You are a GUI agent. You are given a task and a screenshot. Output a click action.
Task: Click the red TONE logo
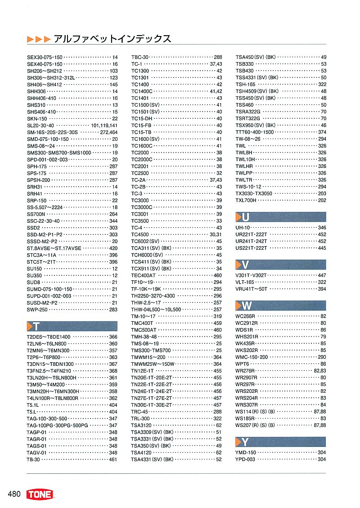[40, 495]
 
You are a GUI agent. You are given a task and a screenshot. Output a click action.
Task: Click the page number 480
[14, 495]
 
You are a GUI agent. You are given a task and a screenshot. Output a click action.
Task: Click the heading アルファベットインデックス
[112, 39]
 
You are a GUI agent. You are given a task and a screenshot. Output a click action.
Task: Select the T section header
[72, 326]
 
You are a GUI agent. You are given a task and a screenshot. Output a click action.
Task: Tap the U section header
[280, 217]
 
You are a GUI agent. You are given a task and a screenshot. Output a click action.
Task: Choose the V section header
[280, 265]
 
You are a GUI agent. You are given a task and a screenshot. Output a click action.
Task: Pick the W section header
[280, 306]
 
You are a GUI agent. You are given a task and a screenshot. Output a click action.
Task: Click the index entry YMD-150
[246, 453]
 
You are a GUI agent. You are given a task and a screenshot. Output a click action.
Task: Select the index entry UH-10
[243, 228]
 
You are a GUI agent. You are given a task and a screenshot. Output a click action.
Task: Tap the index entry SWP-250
[37, 310]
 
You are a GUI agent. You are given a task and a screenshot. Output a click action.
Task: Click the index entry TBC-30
[139, 57]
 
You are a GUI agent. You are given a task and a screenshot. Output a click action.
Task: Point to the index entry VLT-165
[245, 282]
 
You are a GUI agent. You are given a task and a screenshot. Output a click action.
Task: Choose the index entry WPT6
[242, 364]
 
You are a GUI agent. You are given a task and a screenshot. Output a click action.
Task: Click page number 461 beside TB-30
[113, 459]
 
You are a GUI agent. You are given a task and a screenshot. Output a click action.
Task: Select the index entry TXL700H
[246, 200]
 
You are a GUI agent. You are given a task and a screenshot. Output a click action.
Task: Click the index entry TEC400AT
[143, 275]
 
